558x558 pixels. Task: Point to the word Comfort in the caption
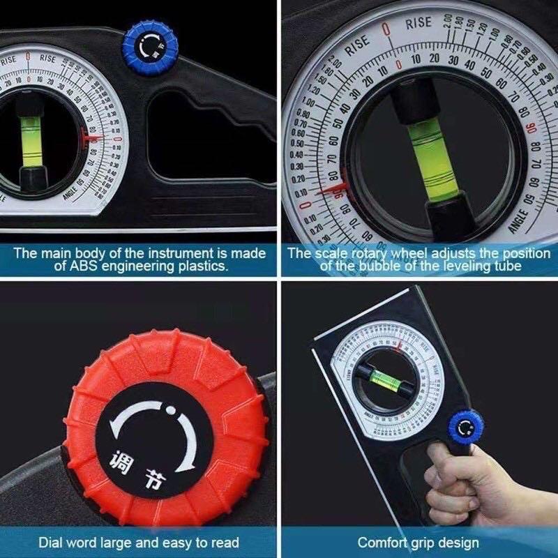click(x=382, y=542)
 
